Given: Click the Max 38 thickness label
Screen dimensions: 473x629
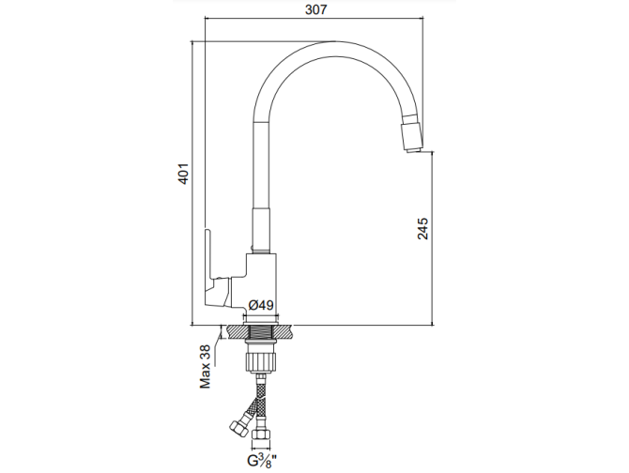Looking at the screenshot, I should pos(206,366).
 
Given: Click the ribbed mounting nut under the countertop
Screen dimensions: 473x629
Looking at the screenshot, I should pos(262,359).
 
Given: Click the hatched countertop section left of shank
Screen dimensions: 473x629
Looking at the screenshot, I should pos(232,331).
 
